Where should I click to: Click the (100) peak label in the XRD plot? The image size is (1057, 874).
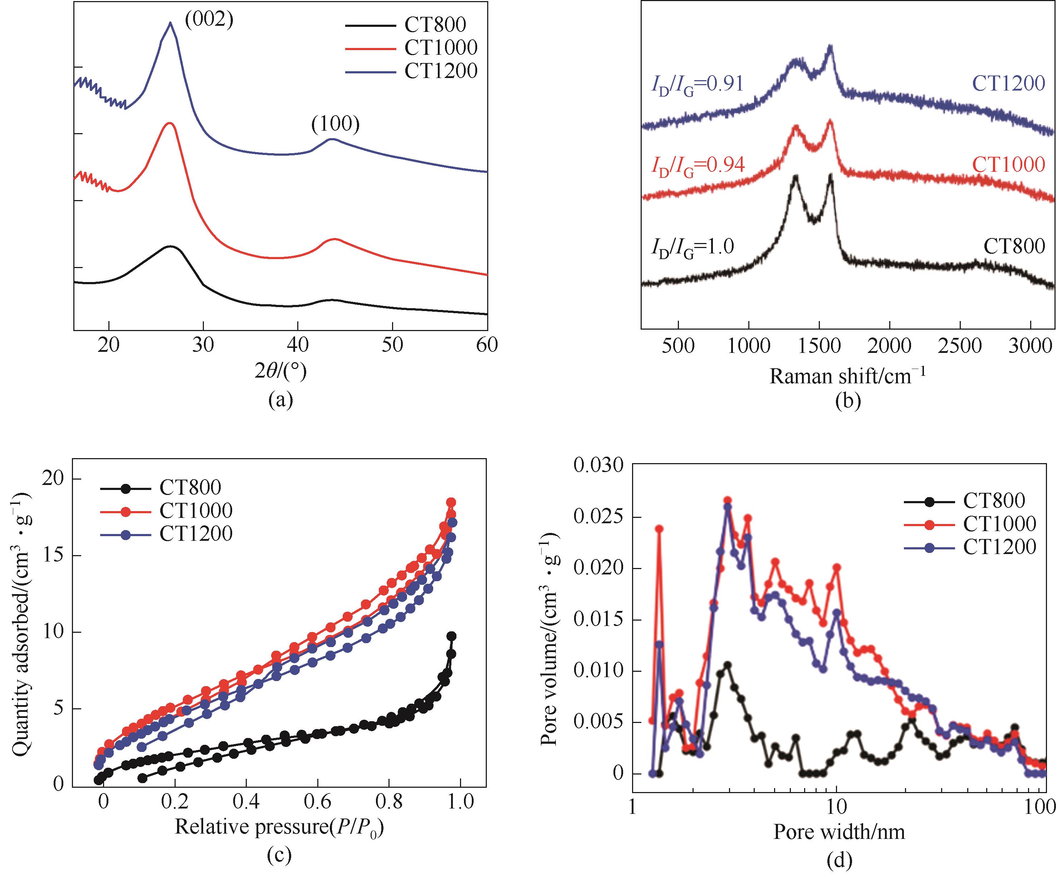[x=336, y=124]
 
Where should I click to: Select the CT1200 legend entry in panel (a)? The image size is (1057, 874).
[x=441, y=71]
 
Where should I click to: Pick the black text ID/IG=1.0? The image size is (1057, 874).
[x=693, y=247]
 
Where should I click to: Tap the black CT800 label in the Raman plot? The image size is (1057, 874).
[x=1014, y=247]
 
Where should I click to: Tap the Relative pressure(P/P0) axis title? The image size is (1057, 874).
[x=279, y=827]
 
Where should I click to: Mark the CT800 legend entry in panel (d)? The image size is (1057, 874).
[x=994, y=500]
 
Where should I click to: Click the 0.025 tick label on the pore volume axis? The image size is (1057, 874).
[x=598, y=518]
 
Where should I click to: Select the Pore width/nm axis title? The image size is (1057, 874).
[x=839, y=832]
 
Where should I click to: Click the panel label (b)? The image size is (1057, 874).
[x=848, y=401]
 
